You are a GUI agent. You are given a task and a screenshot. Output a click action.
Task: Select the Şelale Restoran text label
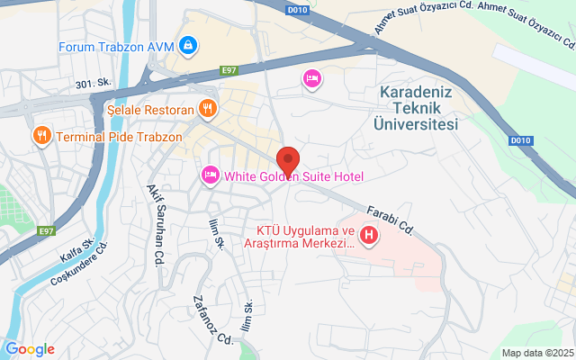coord(150,110)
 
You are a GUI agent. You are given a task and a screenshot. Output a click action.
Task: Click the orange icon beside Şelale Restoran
coord(208,109)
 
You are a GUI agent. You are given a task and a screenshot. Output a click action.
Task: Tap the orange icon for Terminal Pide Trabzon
coord(40,137)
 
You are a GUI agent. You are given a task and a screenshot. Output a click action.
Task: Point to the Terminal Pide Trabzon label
coord(119,138)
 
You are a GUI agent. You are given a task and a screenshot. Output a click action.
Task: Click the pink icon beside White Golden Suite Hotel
coord(210,174)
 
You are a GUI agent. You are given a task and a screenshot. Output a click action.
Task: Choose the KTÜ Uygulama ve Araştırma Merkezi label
coord(301,237)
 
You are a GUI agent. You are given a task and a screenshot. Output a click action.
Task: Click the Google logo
coord(30,349)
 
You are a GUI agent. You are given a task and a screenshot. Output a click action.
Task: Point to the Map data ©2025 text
coord(537,353)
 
